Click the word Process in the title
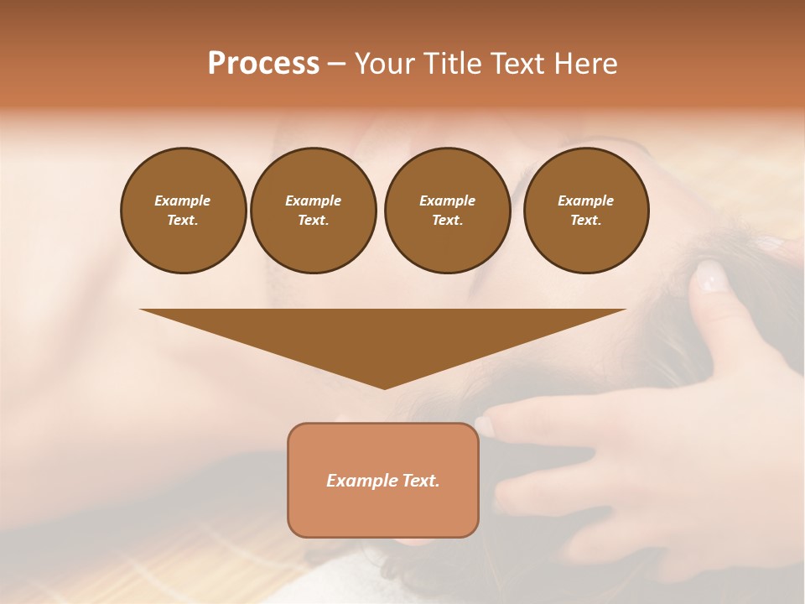click(x=263, y=64)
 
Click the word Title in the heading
click(x=450, y=64)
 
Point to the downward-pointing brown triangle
click(x=383, y=336)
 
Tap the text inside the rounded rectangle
click(x=383, y=481)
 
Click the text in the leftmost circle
click(x=183, y=211)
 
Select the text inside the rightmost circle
click(x=586, y=211)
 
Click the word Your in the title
click(x=386, y=64)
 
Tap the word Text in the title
click(x=516, y=64)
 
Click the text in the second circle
click(x=314, y=211)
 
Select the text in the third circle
click(x=447, y=211)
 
